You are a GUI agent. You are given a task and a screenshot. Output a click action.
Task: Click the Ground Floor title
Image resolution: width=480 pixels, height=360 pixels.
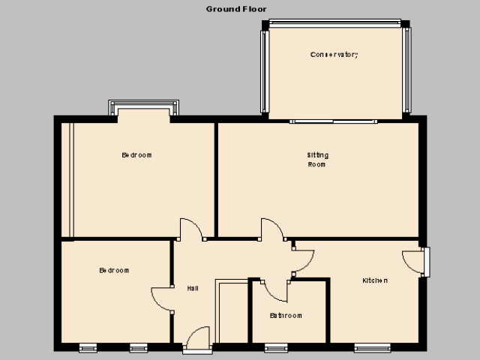[236, 9]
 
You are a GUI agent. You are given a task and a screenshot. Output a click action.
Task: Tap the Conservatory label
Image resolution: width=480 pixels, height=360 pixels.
[334, 55]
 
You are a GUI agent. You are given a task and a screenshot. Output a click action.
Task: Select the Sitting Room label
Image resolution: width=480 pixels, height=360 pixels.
[317, 160]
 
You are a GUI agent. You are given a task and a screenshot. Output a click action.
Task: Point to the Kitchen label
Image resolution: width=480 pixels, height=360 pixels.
[375, 280]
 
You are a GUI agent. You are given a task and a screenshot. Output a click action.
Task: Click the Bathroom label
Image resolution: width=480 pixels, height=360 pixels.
[286, 315]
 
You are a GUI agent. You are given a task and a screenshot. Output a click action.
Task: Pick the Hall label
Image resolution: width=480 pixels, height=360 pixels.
[193, 288]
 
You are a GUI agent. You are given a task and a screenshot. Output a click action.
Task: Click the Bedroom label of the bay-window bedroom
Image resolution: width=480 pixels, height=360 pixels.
[136, 155]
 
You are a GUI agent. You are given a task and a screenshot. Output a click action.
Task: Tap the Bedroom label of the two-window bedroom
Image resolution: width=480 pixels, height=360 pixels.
[114, 270]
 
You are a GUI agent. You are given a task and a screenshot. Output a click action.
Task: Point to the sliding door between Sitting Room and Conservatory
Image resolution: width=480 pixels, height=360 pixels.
[333, 121]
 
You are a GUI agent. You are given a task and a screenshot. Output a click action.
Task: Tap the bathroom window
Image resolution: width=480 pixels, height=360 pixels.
[276, 348]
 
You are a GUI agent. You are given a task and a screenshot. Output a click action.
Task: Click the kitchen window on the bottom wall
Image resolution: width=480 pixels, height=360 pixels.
[372, 348]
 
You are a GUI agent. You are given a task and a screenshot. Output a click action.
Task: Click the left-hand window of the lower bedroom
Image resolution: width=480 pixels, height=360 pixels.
[88, 348]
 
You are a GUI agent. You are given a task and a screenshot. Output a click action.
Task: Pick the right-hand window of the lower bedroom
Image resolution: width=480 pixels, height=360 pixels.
[138, 348]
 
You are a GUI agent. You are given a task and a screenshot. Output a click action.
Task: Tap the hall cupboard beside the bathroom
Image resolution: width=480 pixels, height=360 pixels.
[232, 311]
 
